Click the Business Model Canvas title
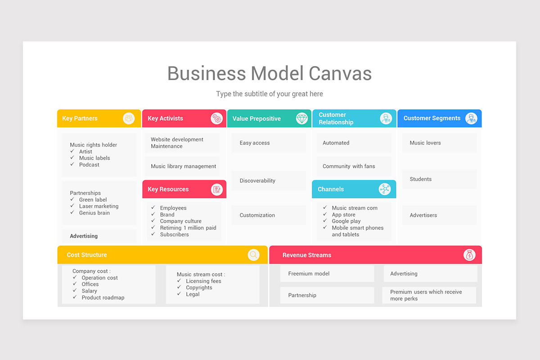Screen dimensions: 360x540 tap(270, 73)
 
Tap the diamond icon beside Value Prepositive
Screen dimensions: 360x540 tap(302, 118)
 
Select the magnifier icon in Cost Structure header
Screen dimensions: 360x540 tap(254, 255)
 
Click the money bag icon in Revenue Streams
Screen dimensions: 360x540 tap(469, 255)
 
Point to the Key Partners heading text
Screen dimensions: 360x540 tap(80, 118)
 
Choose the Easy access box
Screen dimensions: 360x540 tap(269, 143)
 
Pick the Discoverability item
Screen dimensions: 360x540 tap(269, 181)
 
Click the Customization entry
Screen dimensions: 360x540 tap(269, 215)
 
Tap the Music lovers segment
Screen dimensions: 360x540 tap(439, 143)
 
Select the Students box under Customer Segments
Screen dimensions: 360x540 tap(439, 179)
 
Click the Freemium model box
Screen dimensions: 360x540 tap(327, 274)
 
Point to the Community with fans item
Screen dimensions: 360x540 tap(353, 166)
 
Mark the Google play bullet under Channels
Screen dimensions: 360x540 tap(346, 221)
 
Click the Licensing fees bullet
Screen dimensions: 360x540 tap(203, 281)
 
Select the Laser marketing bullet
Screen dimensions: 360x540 tap(99, 207)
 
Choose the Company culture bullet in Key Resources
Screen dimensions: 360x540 tap(180, 221)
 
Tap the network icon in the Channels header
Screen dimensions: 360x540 tap(384, 189)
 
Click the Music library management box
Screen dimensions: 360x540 tap(183, 166)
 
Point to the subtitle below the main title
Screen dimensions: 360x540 tap(269, 94)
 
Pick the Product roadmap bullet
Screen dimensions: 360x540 tap(103, 298)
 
